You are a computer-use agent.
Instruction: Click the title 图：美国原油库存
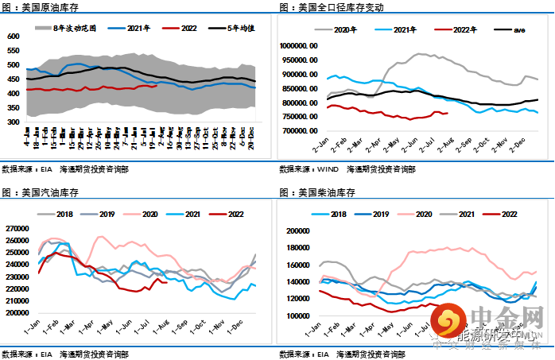tap(39, 7)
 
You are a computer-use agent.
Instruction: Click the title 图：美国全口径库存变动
tap(331, 7)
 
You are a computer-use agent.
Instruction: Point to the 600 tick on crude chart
tap(13, 37)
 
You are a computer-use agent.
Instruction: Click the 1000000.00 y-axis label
tap(300, 46)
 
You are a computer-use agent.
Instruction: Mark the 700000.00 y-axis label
tap(301, 132)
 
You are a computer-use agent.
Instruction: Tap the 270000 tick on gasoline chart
tap(15, 229)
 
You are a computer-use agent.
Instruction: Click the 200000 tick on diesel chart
tap(296, 231)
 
